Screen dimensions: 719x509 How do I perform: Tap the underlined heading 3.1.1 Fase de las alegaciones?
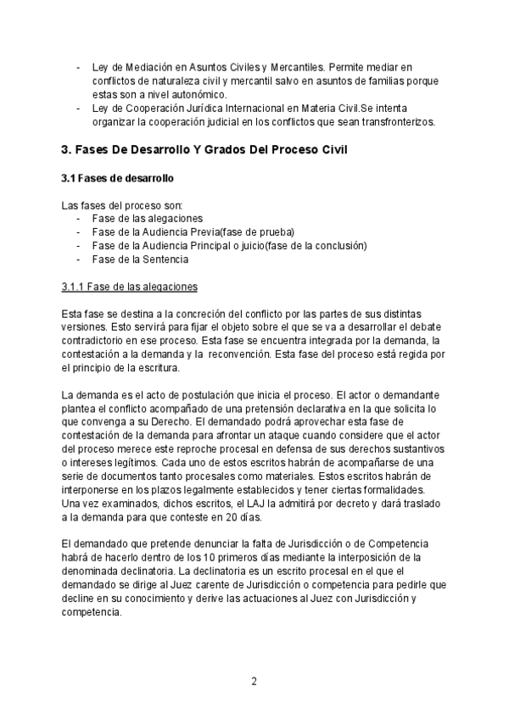point(129,287)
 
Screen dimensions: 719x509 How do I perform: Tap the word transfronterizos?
point(388,121)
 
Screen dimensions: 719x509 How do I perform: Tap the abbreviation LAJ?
point(245,504)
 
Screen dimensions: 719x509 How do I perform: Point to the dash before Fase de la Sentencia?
point(79,259)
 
